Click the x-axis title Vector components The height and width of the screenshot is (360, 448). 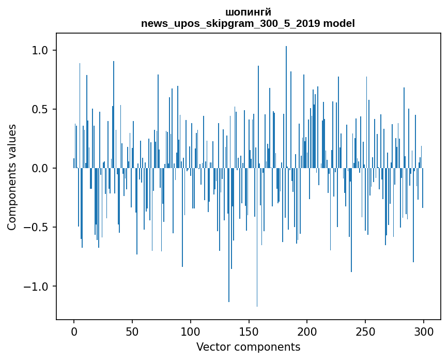tap(248, 347)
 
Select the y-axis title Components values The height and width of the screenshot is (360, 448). tap(12, 177)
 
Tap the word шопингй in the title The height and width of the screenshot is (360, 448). tap(248, 12)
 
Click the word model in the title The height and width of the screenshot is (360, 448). tap(338, 24)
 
